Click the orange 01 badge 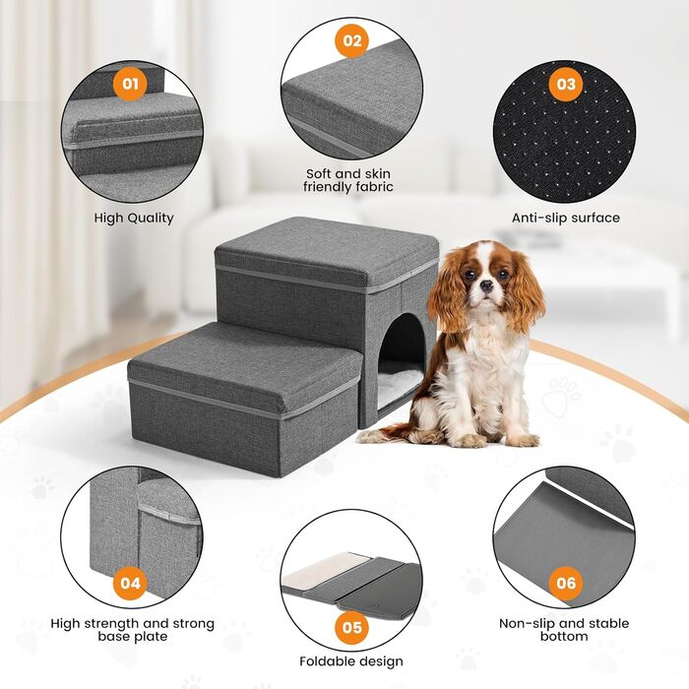130,84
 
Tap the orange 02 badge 352,40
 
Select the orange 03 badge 566,84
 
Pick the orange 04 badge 130,583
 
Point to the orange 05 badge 352,627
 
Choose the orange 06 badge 566,583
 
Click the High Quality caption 134,218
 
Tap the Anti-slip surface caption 566,218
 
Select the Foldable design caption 351,661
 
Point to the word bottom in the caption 564,636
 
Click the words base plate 133,637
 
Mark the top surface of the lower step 244,360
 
